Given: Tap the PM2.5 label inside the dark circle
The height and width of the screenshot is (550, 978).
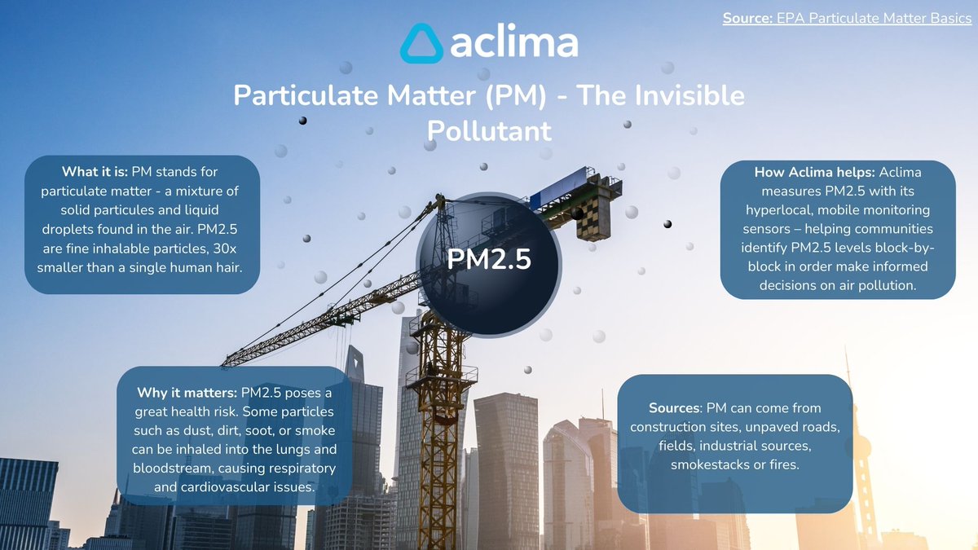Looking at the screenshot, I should (x=489, y=260).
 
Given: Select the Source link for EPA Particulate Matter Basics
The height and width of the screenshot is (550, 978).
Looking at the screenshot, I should (x=847, y=18).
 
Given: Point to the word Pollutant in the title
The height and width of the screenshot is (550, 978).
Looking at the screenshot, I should (x=489, y=130).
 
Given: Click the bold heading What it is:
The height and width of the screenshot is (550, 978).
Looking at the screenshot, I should (x=95, y=172).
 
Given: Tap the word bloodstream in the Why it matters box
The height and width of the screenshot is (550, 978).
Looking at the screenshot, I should (x=170, y=469).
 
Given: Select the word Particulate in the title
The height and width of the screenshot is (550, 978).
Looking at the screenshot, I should (x=297, y=95).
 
